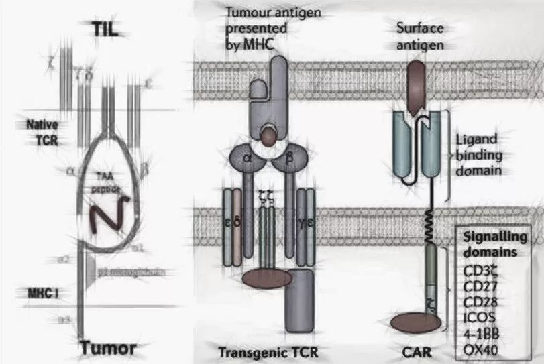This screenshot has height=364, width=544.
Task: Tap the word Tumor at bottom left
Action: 107,348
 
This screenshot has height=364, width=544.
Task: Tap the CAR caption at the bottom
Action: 413,351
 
